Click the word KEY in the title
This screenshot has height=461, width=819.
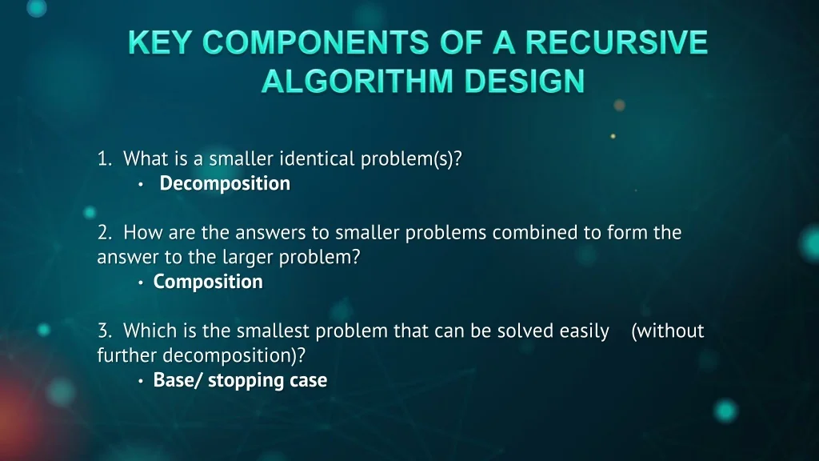[x=160, y=42]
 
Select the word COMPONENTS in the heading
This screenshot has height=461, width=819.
[x=315, y=42]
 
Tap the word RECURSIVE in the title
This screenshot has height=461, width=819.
[x=617, y=42]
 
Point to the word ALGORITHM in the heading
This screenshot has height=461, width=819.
[x=358, y=81]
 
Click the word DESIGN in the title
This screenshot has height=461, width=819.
[x=525, y=81]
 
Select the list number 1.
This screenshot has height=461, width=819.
[x=105, y=158]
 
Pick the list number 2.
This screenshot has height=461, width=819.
[x=105, y=232]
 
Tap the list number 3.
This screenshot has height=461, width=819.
[x=105, y=331]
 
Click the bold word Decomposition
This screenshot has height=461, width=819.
[x=225, y=184]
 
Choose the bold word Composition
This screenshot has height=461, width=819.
[x=208, y=283]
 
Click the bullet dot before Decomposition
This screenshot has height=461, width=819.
[x=141, y=185]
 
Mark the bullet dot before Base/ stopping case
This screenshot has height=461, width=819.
[x=141, y=381]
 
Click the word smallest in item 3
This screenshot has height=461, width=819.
[x=274, y=331]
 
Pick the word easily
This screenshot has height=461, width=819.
[x=584, y=331]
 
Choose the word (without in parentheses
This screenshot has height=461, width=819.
[x=668, y=331]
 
